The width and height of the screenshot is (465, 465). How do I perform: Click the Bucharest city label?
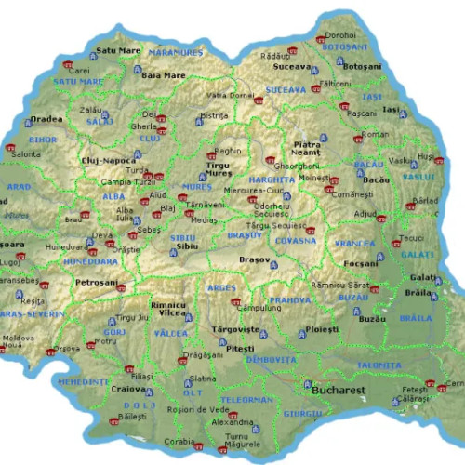(339, 391)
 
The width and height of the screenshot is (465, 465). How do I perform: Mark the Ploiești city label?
(323, 330)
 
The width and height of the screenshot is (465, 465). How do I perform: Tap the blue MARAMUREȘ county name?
(175, 53)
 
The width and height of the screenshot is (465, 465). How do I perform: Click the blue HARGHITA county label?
(272, 178)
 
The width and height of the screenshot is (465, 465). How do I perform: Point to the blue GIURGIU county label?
(302, 412)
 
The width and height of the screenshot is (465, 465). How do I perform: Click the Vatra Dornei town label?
(230, 95)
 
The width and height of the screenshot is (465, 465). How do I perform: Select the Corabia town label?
(179, 442)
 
